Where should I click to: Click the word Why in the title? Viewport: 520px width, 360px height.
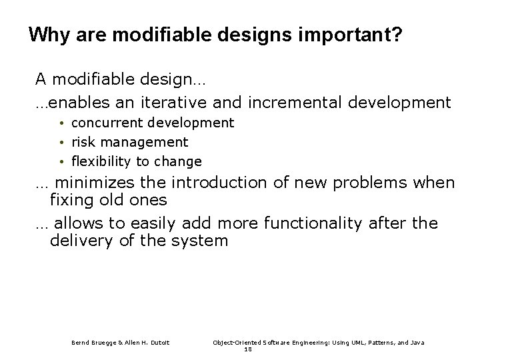(45, 35)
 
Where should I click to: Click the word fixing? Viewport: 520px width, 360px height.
(69, 199)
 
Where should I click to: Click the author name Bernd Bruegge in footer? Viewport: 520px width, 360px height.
(94, 342)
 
